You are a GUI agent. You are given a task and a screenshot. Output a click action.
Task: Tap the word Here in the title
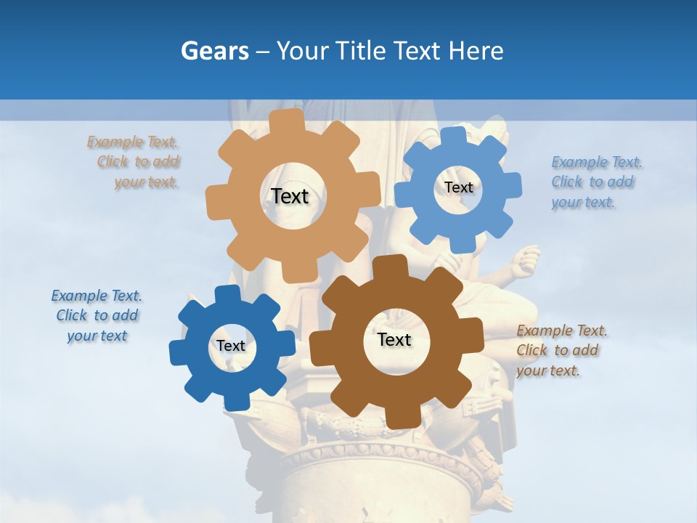click(476, 52)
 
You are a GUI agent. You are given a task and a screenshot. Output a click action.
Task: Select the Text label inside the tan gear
click(290, 196)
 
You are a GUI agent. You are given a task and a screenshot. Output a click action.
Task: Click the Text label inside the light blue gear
click(458, 187)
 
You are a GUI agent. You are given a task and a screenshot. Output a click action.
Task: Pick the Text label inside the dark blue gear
click(231, 346)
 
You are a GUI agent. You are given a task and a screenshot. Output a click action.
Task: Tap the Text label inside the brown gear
click(394, 340)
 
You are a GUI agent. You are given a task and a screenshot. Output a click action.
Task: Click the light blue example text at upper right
click(595, 182)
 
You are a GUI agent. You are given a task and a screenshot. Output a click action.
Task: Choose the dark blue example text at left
click(97, 315)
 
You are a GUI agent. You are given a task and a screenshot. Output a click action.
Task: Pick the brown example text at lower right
click(561, 350)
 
